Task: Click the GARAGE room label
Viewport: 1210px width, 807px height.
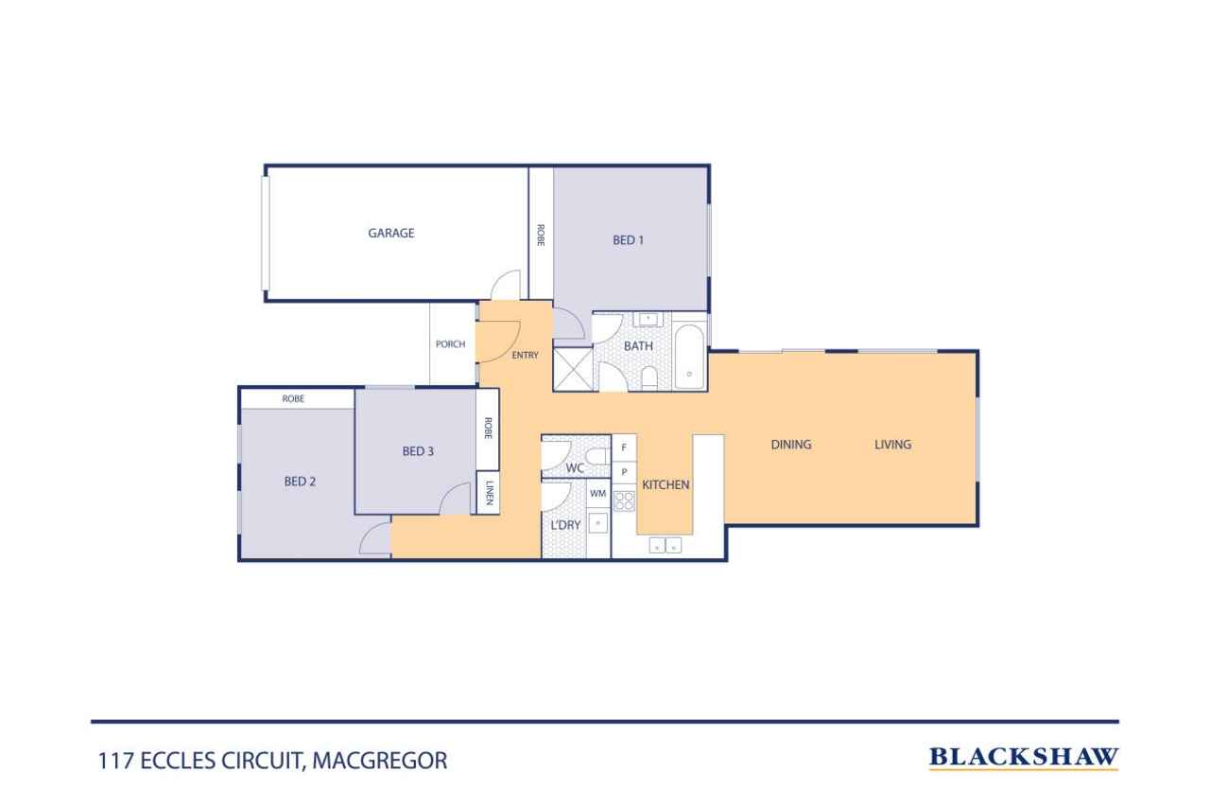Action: pyautogui.click(x=391, y=233)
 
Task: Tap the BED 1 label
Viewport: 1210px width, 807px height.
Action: pyautogui.click(x=629, y=240)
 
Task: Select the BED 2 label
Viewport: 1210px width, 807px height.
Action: pyautogui.click(x=300, y=481)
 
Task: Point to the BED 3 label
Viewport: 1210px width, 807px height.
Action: pyautogui.click(x=418, y=450)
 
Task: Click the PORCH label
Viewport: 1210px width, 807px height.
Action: pyautogui.click(x=451, y=343)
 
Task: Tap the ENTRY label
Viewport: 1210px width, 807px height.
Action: pyautogui.click(x=525, y=355)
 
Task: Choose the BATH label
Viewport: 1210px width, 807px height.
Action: pyautogui.click(x=638, y=346)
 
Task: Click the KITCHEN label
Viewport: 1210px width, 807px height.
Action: pyautogui.click(x=665, y=484)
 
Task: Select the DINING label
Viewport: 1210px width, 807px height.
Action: pyautogui.click(x=791, y=445)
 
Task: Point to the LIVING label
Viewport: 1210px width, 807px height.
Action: pyautogui.click(x=893, y=445)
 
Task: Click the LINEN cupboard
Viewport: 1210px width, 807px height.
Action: pyautogui.click(x=488, y=492)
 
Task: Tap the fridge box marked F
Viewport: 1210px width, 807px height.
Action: pyautogui.click(x=624, y=447)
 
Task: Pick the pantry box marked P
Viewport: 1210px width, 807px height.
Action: pyautogui.click(x=624, y=472)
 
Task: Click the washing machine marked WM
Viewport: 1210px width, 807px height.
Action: pyautogui.click(x=598, y=494)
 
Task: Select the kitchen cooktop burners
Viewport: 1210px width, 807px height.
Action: pyautogui.click(x=625, y=501)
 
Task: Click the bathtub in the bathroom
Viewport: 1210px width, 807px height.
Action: pyautogui.click(x=690, y=357)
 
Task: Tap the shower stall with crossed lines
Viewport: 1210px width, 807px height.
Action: pyautogui.click(x=573, y=369)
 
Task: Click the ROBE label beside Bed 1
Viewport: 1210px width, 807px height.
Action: pyautogui.click(x=541, y=236)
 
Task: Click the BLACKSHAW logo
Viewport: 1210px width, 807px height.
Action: pyautogui.click(x=1024, y=757)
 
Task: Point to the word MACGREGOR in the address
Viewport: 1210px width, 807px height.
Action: pyautogui.click(x=380, y=761)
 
